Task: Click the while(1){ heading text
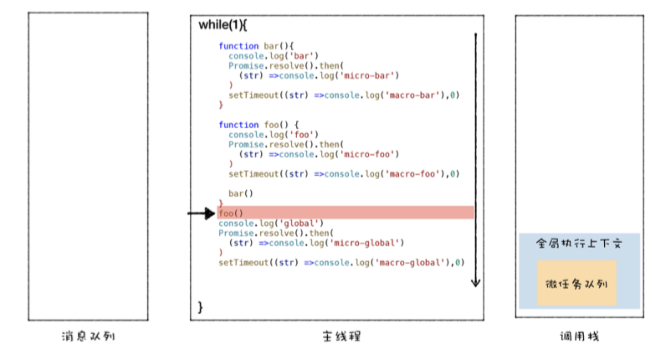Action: [223, 24]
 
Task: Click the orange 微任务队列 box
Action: [576, 283]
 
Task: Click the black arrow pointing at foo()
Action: [201, 214]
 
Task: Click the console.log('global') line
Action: [270, 224]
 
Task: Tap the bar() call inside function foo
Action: [241, 193]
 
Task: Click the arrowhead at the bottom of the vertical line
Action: [475, 282]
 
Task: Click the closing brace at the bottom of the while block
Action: [200, 307]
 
